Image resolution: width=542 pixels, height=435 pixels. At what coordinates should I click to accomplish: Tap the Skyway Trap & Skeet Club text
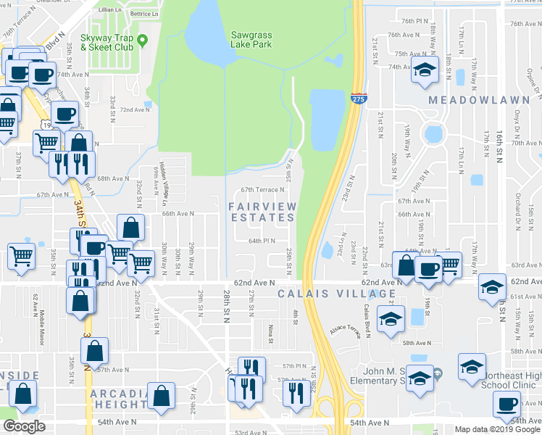(x=107, y=42)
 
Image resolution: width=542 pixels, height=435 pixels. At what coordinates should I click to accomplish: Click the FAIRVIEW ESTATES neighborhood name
(x=262, y=212)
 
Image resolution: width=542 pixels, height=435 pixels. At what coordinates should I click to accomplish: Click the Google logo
(x=24, y=426)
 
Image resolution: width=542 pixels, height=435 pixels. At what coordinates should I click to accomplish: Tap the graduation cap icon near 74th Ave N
(x=425, y=71)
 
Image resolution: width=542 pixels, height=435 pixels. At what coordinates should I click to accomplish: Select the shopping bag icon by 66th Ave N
(x=130, y=228)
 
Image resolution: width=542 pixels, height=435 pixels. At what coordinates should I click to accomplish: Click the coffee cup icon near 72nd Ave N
(x=64, y=114)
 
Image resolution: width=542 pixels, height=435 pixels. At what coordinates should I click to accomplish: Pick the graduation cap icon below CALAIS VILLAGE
(x=391, y=319)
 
